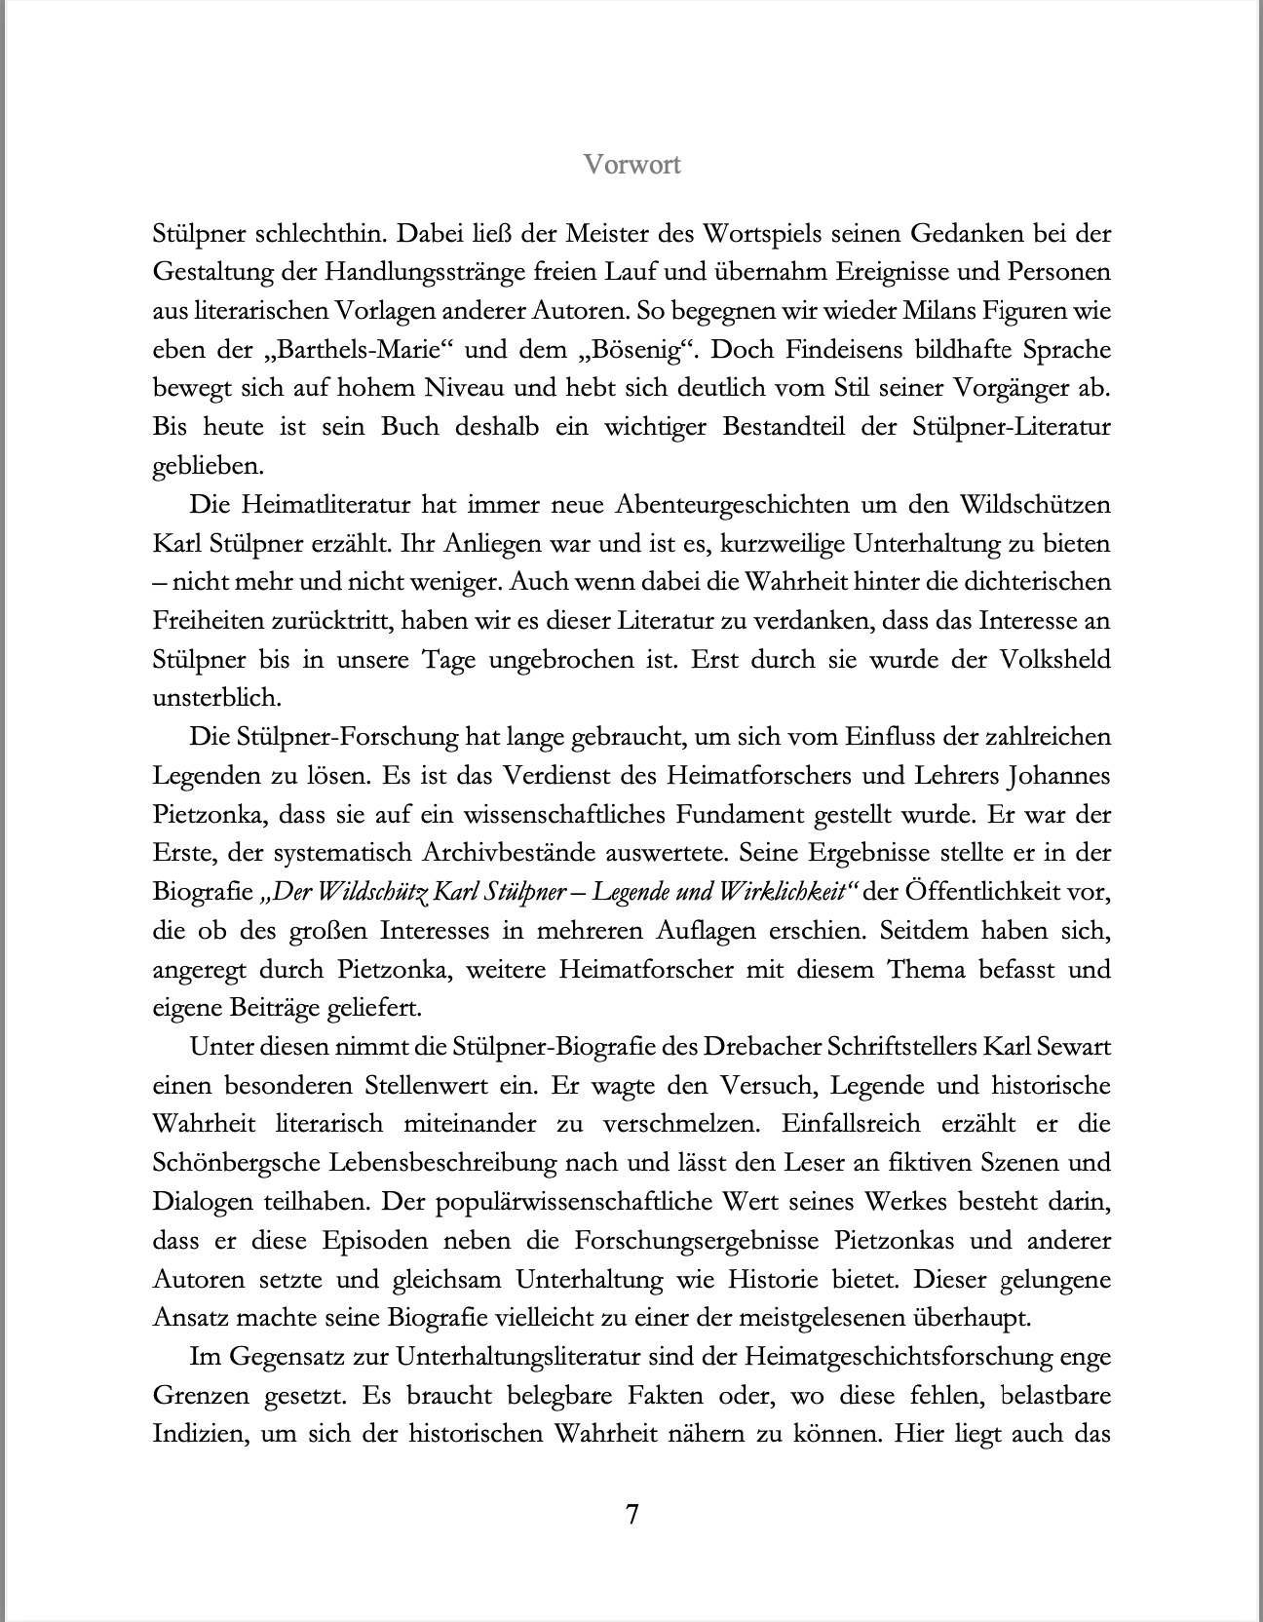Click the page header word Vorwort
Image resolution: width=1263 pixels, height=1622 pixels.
tap(631, 165)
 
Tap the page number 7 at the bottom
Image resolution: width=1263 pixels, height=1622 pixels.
tap(631, 1515)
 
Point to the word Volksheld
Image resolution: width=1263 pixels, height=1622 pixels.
tap(1054, 660)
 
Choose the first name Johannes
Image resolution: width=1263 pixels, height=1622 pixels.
tap(1056, 776)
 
